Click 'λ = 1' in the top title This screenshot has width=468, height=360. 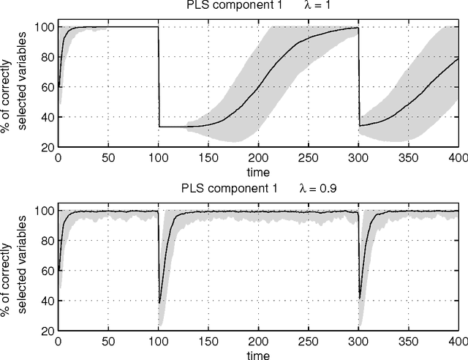coord(319,7)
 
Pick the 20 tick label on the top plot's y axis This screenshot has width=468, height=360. coord(48,147)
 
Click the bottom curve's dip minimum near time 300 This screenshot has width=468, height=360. coord(360,298)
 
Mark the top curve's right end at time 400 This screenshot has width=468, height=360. coord(458,58)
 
